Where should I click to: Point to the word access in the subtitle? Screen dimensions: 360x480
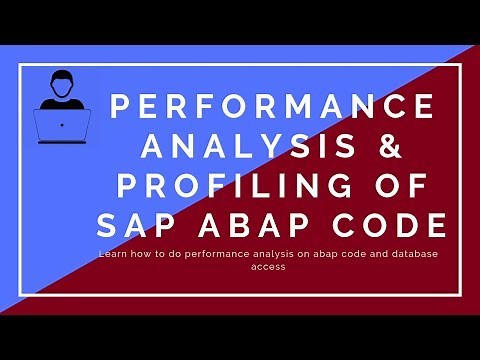271,267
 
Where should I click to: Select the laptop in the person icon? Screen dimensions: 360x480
62,124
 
